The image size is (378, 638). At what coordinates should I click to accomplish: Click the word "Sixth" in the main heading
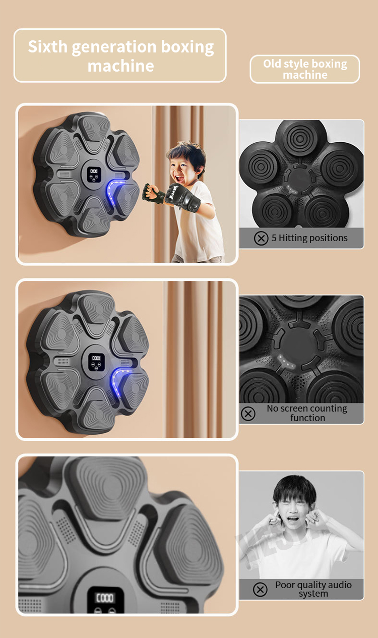point(48,47)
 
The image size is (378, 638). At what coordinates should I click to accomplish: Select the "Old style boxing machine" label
point(305,69)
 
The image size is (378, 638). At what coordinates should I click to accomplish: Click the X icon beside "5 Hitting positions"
point(261,238)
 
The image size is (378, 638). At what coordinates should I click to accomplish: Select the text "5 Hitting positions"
point(309,238)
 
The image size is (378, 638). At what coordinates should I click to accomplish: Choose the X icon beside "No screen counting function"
point(248,414)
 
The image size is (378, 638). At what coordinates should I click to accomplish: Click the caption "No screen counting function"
point(307,413)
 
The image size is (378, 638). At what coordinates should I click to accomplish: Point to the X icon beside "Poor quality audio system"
point(260,589)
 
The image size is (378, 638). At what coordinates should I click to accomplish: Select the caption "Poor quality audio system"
point(313,589)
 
